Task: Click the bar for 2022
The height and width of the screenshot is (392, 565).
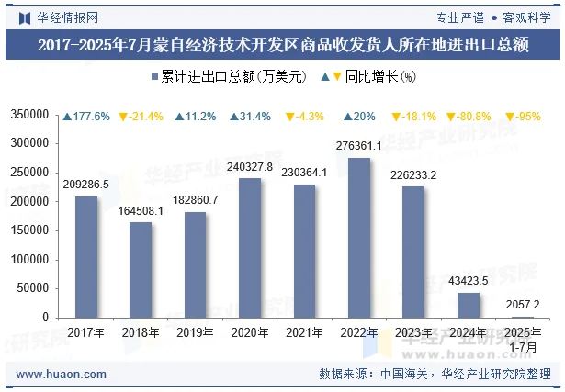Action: tap(359, 238)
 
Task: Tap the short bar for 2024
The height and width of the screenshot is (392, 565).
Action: tap(469, 305)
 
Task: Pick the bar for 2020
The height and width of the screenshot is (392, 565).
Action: tap(250, 248)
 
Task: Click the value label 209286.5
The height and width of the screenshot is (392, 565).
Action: tap(85, 185)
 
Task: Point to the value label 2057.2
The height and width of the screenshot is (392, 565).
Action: tap(523, 305)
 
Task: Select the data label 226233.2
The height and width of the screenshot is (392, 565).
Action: tap(413, 175)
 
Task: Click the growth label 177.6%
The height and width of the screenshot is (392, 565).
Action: tap(86, 117)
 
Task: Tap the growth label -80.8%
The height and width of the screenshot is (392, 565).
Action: tap(468, 117)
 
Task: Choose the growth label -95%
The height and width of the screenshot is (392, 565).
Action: tap(523, 117)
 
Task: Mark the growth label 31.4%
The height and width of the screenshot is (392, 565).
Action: tap(250, 117)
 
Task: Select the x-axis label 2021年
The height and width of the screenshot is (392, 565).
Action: tap(304, 332)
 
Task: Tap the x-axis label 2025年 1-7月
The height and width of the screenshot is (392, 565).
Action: tap(523, 339)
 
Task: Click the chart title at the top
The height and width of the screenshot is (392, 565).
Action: tap(282, 45)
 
